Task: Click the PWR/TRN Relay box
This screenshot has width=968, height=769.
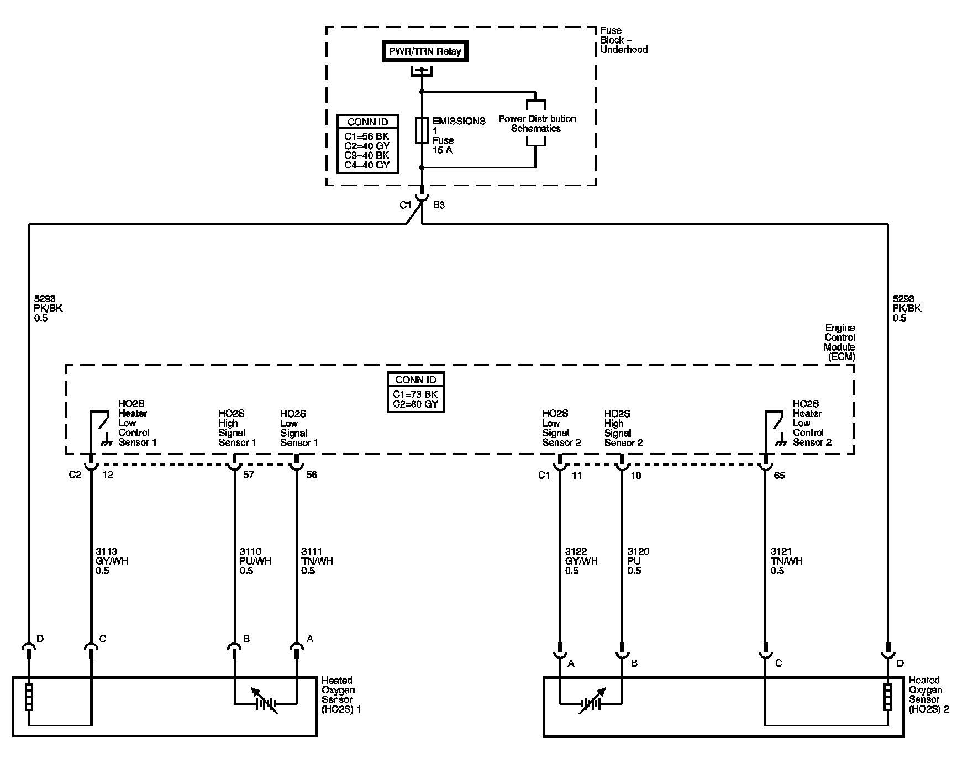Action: [425, 51]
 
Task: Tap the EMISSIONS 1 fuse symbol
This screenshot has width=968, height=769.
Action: [422, 130]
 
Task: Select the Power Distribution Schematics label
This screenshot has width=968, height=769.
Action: [536, 124]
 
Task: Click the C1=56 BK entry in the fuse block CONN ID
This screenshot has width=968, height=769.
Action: [367, 136]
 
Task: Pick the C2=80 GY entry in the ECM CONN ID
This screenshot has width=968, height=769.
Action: [415, 403]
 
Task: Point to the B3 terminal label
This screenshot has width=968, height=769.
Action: [439, 206]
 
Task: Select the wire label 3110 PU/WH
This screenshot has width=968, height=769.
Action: [255, 561]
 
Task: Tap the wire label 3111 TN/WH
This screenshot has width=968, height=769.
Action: [317, 561]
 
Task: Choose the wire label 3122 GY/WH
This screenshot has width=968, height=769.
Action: [581, 561]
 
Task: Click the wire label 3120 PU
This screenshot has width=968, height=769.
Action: [638, 561]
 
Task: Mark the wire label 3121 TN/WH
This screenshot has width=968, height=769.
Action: [786, 561]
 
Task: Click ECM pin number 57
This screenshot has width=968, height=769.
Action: [249, 475]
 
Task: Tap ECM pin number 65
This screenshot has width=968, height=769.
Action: [779, 475]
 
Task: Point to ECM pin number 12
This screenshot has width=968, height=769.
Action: [108, 475]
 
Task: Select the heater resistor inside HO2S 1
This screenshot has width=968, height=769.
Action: [29, 697]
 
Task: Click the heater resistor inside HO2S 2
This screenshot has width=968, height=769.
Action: [887, 697]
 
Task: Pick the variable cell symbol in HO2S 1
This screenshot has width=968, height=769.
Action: [265, 703]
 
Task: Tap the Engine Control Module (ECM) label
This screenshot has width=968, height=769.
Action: [839, 343]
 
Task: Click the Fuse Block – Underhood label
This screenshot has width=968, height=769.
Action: [624, 40]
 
